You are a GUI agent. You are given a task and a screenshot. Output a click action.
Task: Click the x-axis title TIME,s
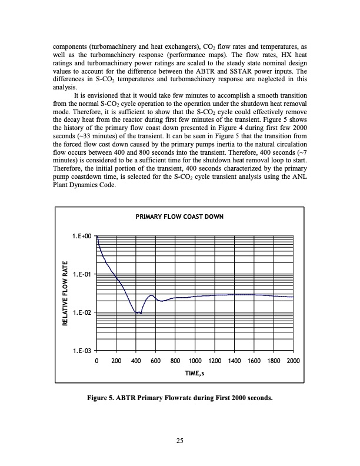click(x=195, y=373)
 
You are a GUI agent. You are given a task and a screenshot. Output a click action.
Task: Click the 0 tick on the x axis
click(x=96, y=360)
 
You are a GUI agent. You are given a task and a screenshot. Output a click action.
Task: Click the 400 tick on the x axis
click(x=136, y=360)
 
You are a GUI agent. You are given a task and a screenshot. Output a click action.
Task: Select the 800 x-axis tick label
click(x=175, y=360)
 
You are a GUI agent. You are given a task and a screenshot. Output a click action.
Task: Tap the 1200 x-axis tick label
click(x=214, y=360)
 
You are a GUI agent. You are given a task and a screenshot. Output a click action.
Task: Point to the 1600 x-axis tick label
click(x=254, y=360)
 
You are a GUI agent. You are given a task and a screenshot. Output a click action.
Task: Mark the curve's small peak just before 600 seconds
click(x=151, y=295)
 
